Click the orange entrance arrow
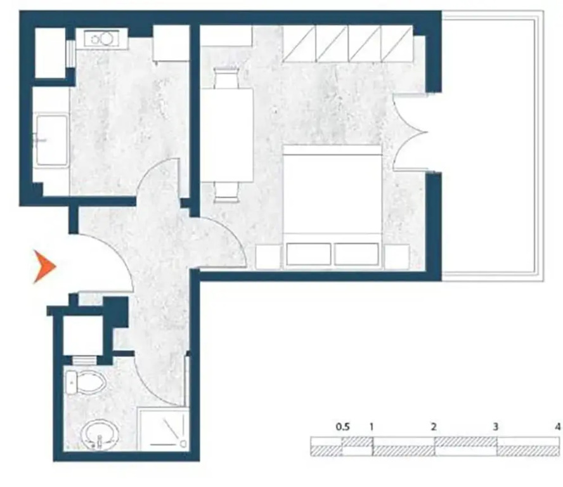coord(43,266)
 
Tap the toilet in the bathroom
coord(85,382)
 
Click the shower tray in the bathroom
coord(164,429)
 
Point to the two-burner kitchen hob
coord(101,38)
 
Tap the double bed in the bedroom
coord(332,206)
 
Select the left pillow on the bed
coord(308,254)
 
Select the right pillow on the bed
coord(356,254)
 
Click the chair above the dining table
coord(226,78)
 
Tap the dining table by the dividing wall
coord(226,134)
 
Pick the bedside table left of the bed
coord(268,256)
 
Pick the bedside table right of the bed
coord(397,256)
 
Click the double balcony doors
coord(410,132)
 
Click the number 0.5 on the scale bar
coord(342,427)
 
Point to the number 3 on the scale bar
coord(496,427)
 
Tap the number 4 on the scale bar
coord(557,427)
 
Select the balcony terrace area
coord(492,145)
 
